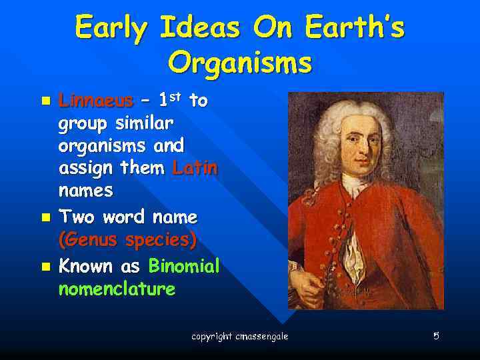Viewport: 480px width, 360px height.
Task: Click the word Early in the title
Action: [x=113, y=27]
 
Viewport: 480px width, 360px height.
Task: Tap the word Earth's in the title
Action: [x=355, y=27]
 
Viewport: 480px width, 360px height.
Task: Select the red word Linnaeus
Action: [x=95, y=101]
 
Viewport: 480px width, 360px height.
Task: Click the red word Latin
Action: [x=195, y=168]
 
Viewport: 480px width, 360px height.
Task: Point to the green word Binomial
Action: [x=184, y=267]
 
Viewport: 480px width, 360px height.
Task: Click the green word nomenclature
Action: [x=117, y=289]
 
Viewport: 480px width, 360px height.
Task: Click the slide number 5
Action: [x=436, y=336]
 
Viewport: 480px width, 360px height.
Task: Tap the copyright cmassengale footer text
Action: [x=240, y=337]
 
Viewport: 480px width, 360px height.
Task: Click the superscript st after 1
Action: [x=175, y=97]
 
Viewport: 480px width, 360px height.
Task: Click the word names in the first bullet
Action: [x=86, y=191]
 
